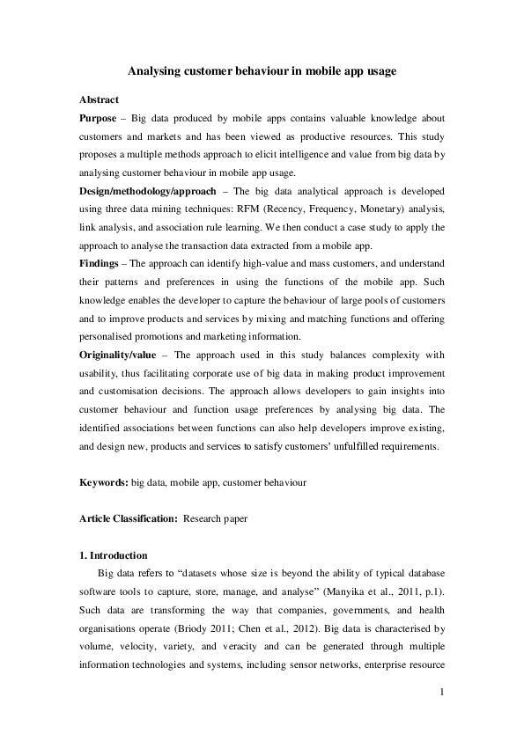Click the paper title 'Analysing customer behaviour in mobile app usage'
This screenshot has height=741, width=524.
pos(262,71)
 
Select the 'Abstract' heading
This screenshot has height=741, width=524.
pos(99,99)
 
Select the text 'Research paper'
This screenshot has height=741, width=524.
pos(215,519)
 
